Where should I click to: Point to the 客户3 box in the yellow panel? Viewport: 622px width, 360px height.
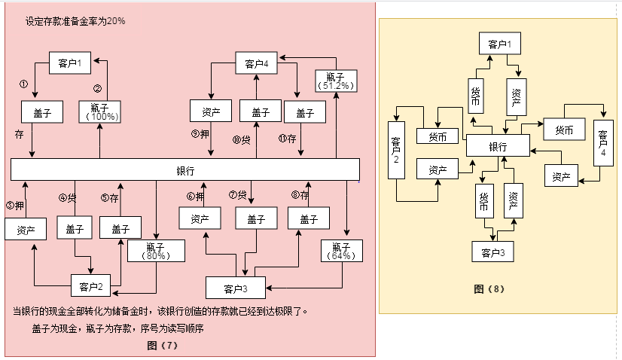[x=492, y=251]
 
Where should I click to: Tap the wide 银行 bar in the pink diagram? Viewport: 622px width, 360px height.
[x=184, y=170]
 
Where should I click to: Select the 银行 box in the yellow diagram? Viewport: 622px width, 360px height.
[x=498, y=146]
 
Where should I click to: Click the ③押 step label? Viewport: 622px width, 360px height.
[x=15, y=205]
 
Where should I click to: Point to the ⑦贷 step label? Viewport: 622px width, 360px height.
[x=238, y=195]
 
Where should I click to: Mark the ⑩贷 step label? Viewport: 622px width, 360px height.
[x=241, y=139]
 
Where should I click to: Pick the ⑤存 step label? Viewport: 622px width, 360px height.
[x=109, y=198]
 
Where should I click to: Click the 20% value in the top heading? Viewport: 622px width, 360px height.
[x=116, y=21]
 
